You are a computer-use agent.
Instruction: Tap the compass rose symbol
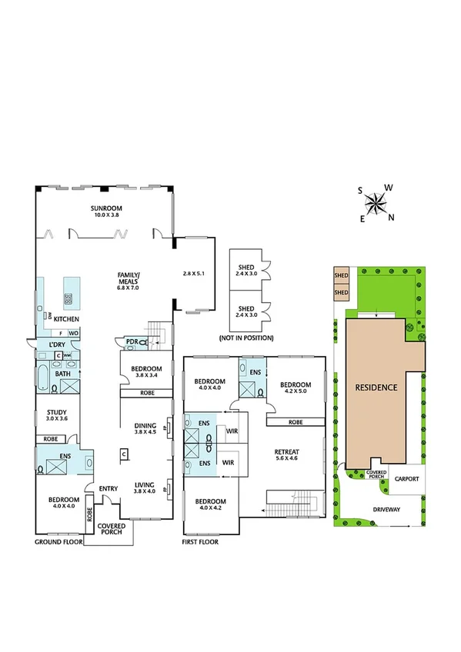coord(376,203)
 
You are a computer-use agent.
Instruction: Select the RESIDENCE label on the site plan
coord(376,388)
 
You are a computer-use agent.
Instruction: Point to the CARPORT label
coord(406,478)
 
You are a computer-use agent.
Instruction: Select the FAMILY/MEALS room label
coord(128,278)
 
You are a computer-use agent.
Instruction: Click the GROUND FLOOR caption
coord(58,542)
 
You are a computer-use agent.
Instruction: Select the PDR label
coord(132,341)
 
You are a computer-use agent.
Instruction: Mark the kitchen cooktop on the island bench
coord(69,298)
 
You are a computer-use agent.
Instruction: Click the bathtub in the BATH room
coord(43,374)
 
